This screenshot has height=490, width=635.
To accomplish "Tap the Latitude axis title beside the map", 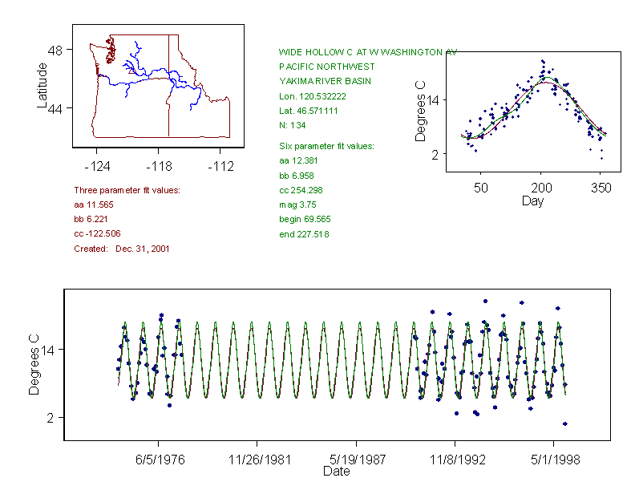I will point(42,86).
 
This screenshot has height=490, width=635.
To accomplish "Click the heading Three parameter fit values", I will point(127,190).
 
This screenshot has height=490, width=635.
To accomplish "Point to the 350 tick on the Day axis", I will point(601,188).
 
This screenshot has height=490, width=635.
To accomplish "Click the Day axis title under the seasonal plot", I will point(532,200).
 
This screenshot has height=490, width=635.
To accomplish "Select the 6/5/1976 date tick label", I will point(158,460).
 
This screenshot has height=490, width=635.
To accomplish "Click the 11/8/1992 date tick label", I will point(455,460).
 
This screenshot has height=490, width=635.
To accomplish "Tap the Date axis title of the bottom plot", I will point(336,472).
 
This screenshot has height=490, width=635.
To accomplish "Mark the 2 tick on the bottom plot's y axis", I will point(51,418).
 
